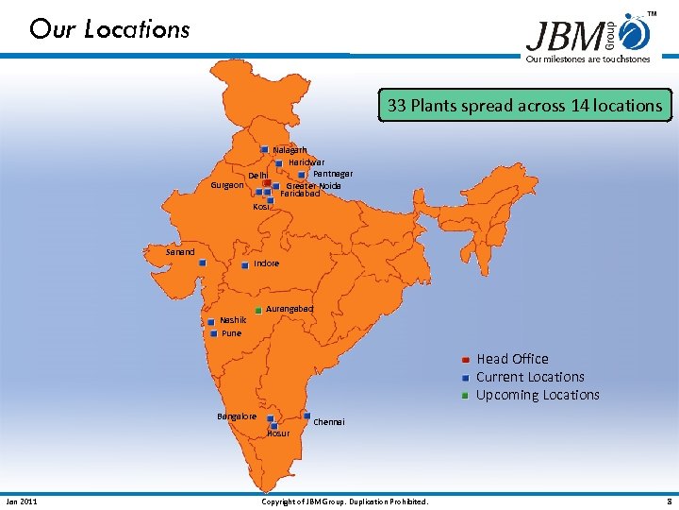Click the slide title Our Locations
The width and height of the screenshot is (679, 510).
click(x=109, y=29)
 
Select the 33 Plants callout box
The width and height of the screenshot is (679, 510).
click(x=525, y=106)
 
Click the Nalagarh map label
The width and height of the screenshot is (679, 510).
click(x=290, y=150)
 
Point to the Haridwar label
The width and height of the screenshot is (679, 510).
click(x=306, y=162)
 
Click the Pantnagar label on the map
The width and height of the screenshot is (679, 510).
click(x=333, y=174)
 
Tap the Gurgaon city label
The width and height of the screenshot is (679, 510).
click(x=225, y=185)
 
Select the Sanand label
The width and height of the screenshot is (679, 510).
click(x=180, y=252)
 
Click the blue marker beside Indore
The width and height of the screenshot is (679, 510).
click(x=244, y=264)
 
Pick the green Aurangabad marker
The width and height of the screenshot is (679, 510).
click(x=258, y=309)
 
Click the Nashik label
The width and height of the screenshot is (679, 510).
click(x=233, y=320)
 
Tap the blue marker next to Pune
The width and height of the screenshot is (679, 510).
click(x=214, y=333)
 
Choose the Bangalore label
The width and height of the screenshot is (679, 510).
click(x=237, y=416)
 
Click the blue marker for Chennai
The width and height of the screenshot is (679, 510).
click(x=307, y=416)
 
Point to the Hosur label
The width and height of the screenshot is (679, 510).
click(x=278, y=433)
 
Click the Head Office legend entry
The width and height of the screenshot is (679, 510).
click(x=512, y=359)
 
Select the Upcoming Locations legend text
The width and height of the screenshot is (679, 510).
click(x=538, y=395)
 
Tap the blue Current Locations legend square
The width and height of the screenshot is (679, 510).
click(x=466, y=378)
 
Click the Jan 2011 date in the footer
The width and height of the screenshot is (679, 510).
click(x=22, y=501)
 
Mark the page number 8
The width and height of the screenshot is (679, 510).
click(x=669, y=501)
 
